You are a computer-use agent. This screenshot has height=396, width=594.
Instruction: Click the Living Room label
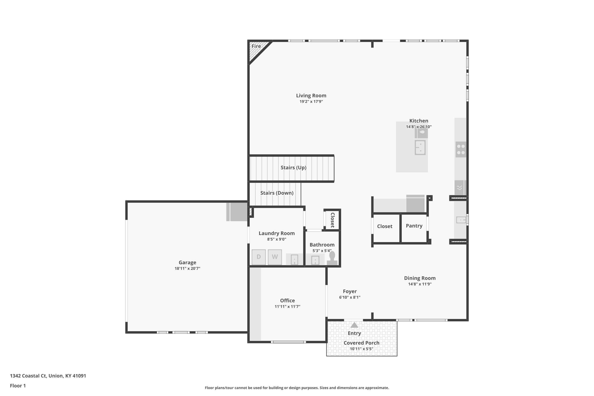[311, 95]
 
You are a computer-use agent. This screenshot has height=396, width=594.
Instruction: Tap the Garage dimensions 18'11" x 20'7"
[187, 268]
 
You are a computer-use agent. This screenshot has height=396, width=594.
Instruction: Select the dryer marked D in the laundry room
[259, 257]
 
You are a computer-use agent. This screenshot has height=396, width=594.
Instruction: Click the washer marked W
[275, 257]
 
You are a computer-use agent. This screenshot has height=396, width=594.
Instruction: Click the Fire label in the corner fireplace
[256, 46]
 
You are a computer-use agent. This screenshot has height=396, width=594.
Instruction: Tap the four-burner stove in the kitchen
[461, 149]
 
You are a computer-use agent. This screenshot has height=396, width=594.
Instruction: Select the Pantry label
[414, 226]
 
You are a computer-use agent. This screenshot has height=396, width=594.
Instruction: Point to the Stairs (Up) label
[293, 168]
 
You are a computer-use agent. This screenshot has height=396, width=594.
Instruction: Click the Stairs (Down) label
[277, 193]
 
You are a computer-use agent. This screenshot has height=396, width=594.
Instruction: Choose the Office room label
[287, 301]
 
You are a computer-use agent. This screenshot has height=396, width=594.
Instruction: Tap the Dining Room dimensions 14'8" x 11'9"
[420, 284]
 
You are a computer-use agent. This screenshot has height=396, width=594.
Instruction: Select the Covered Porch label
[361, 343]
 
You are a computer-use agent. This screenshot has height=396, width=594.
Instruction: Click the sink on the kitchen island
[420, 147]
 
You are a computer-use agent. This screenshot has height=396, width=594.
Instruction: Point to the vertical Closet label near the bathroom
[333, 220]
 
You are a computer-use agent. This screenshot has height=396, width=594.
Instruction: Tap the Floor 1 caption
[18, 386]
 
